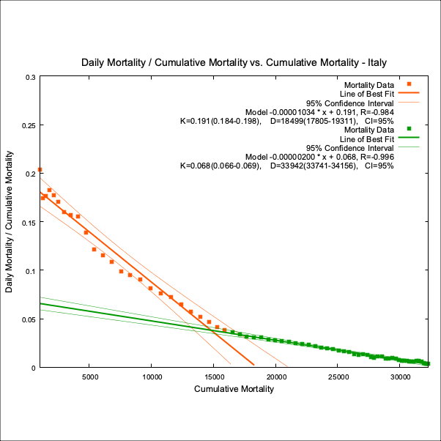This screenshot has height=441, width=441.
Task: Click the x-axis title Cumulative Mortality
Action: pos(234,389)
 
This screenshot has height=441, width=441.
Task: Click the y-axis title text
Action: pos(10,221)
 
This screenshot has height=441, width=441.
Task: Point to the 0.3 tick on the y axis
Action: pos(29,76)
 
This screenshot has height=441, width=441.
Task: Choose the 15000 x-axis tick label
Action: pos(213,377)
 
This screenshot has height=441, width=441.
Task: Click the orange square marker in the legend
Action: pos(409,84)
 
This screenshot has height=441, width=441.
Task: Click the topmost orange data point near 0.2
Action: pos(40,170)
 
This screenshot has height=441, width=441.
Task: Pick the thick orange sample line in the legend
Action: pos(408,93)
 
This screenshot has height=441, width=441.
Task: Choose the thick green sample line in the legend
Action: pos(408,138)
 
